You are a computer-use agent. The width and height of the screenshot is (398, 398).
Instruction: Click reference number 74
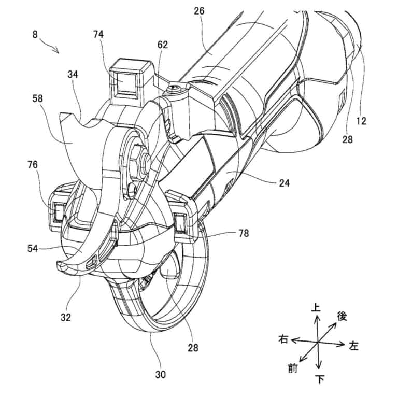[x=98, y=34]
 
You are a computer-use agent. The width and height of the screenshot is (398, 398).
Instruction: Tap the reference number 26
[x=199, y=11]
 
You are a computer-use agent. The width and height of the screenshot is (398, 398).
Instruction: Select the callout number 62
[x=163, y=45]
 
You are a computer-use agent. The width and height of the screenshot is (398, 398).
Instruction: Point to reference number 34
[x=73, y=75]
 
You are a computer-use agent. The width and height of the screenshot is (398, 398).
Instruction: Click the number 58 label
[x=37, y=98]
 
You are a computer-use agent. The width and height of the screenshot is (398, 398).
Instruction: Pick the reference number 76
[x=33, y=165]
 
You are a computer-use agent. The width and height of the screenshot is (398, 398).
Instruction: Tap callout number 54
[x=33, y=249]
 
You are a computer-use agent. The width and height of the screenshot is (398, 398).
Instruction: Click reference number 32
[x=66, y=317]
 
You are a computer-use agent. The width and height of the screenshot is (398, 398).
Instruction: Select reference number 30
[x=161, y=374]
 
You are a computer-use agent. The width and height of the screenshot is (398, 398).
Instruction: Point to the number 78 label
[x=244, y=233]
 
